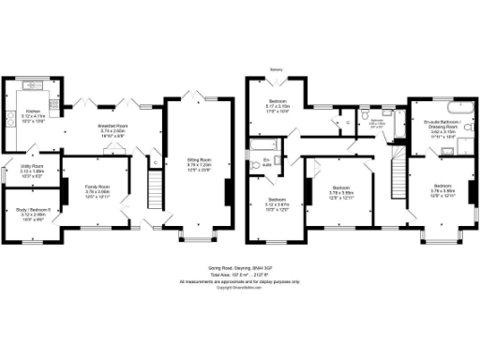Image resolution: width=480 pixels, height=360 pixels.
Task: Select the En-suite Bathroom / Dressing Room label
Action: coord(437,128)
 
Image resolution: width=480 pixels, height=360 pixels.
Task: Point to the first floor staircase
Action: coord(396,173)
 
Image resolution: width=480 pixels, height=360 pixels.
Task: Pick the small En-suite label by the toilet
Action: coord(266,162)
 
